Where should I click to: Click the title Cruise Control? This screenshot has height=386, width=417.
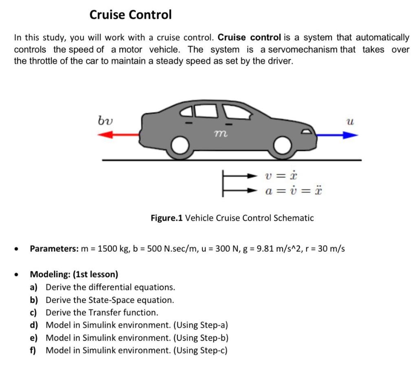tap(130, 15)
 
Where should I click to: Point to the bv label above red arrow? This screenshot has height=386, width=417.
tap(105, 120)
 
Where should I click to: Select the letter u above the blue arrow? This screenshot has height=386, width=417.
tap(349, 121)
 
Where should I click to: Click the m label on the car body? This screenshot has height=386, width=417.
tap(220, 133)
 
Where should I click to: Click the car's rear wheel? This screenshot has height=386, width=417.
tap(180, 145)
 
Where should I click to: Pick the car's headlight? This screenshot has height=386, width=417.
tap(307, 132)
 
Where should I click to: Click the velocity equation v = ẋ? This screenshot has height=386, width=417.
tap(281, 176)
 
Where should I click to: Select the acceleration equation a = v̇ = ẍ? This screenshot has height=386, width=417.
tap(293, 191)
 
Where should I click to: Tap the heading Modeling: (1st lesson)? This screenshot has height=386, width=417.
tap(74, 274)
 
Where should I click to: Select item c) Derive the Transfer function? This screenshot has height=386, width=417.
tap(102, 313)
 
